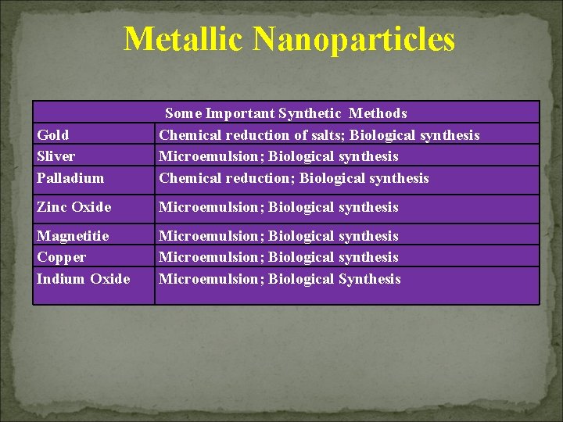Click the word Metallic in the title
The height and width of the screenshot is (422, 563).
[183, 39]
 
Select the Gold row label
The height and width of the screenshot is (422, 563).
[53, 135]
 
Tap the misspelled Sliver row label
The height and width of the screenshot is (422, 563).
[56, 156]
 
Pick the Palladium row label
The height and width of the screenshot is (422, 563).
[70, 178]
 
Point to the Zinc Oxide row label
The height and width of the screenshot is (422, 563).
[74, 207]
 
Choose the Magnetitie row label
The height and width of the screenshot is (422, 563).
[74, 236]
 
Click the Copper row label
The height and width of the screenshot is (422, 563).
[62, 257]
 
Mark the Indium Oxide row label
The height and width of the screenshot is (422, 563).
[84, 279]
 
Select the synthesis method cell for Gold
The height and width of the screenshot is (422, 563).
[319, 135]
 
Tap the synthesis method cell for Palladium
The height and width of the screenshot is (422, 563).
[294, 178]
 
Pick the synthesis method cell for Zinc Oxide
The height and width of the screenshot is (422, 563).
[278, 207]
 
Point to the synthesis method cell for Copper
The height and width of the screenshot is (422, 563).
[278, 257]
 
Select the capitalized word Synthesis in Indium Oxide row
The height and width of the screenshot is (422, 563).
[369, 279]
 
